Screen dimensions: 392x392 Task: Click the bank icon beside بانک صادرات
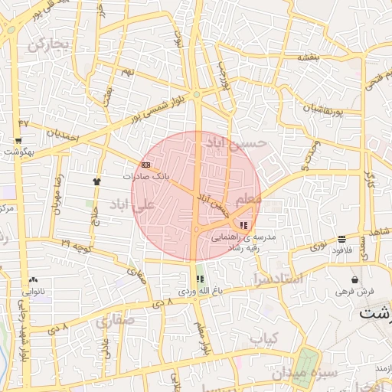coord(145,165)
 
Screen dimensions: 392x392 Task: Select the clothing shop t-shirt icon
coord(97,181)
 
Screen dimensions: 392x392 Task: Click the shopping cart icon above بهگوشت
coord(18,141)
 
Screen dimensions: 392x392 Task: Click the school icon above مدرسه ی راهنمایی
coord(244,224)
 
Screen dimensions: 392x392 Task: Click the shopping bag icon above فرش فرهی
coord(354,279)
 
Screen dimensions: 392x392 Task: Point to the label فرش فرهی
coord(354,292)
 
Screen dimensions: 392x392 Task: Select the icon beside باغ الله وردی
coord(199,279)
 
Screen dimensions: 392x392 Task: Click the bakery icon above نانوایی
coord(32,279)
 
